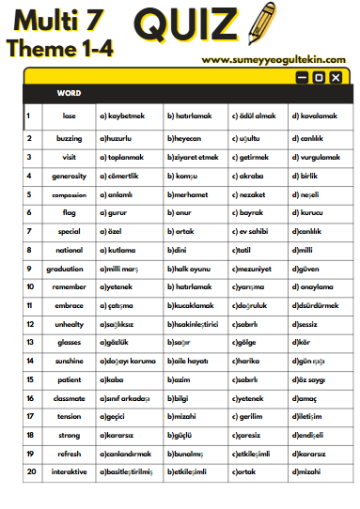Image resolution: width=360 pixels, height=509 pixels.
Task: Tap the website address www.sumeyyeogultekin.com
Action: [276, 59]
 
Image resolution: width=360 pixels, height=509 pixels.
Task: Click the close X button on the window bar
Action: [336, 78]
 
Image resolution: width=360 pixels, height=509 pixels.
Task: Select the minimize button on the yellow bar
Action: [302, 78]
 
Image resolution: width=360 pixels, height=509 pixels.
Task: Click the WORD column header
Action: [69, 93]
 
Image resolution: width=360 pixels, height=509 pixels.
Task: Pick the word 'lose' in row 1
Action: [69, 116]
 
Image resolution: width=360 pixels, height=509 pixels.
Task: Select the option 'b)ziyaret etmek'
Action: [193, 157]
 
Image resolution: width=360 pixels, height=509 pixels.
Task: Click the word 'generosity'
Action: [69, 176]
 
